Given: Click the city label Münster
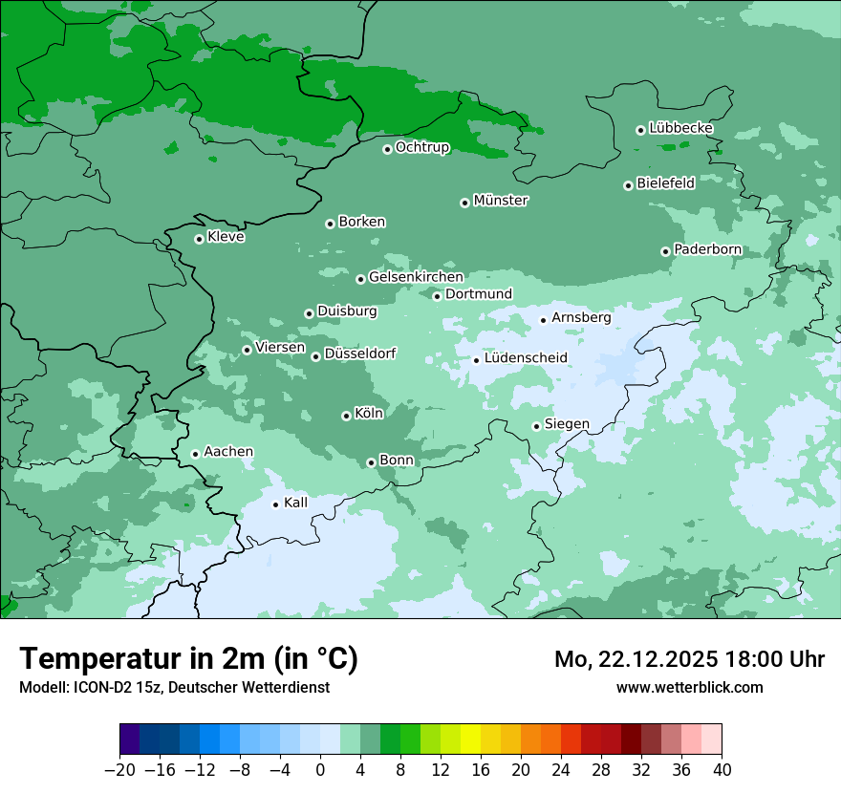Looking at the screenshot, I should click(x=501, y=201).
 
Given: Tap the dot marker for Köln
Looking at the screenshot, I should click(x=346, y=416).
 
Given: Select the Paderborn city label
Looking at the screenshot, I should click(x=707, y=249).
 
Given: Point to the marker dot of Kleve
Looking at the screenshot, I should click(x=199, y=239).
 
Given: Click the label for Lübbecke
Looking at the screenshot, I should click(x=680, y=128).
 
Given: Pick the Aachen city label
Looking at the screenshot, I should click(x=228, y=452).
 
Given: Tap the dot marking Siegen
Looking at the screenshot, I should click(x=536, y=426).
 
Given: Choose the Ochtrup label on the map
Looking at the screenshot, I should click(x=422, y=147).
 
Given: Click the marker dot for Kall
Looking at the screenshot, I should click(x=275, y=504).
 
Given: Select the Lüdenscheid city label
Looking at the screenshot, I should click(x=526, y=358).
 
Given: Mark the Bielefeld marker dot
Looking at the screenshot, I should click(x=628, y=185).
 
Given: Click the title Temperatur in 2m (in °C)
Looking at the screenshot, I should click(x=188, y=659).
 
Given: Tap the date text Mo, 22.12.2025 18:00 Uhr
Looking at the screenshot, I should click(x=689, y=659).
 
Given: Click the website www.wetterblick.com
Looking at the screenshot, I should click(x=689, y=687).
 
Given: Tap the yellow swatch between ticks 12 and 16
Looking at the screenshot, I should click(x=470, y=739).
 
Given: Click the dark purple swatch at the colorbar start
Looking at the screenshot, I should click(x=130, y=739).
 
